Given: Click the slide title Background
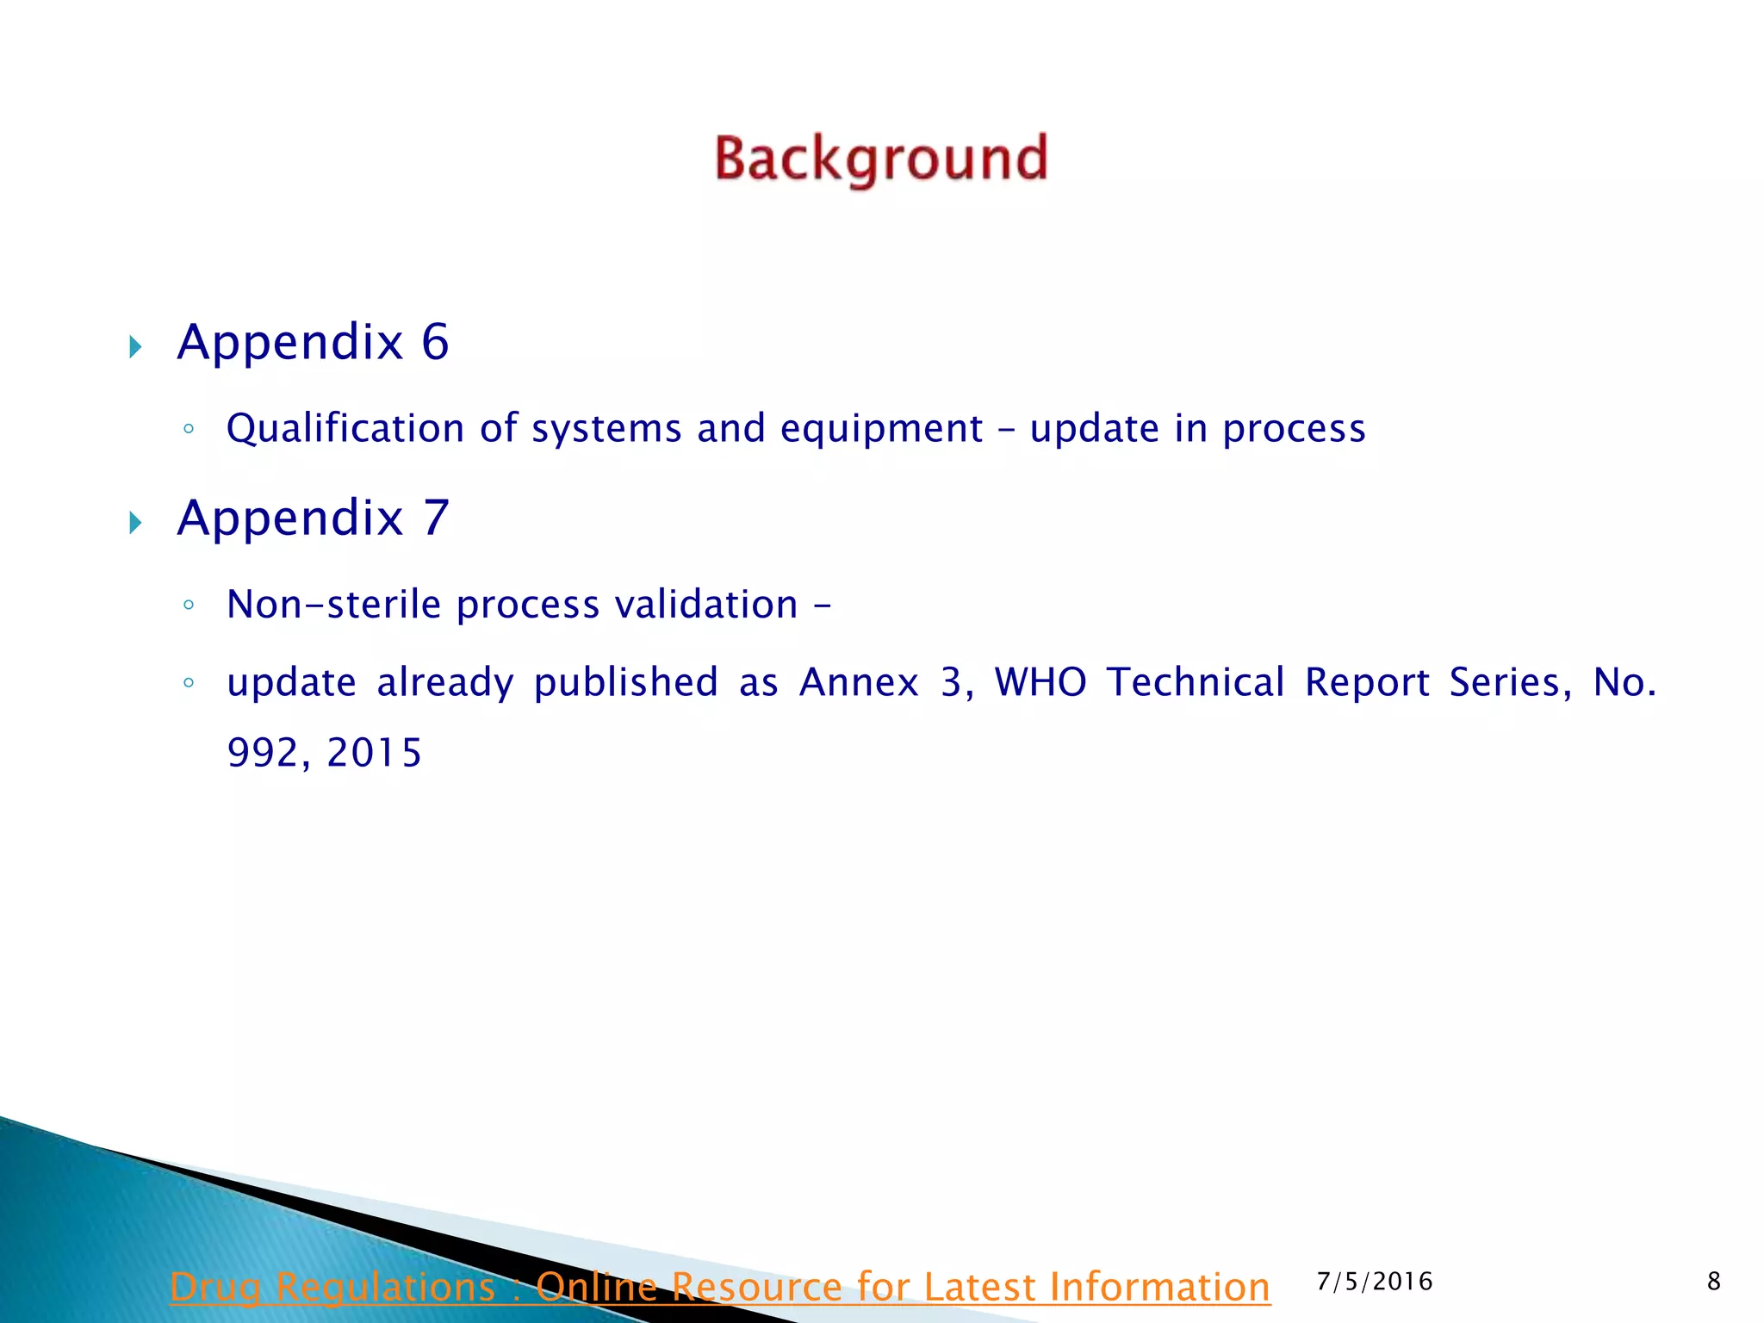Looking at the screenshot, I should coord(881,159).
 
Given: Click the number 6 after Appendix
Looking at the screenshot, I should coord(435,342).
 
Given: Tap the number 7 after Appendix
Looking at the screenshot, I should coord(436,518).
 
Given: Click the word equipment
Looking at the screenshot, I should coord(881,428).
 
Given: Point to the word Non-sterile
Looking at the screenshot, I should coord(334,604).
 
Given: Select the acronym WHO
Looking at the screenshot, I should coord(1040,682).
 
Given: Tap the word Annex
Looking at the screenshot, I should coord(859,682).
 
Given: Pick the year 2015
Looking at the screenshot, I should coord(375,753).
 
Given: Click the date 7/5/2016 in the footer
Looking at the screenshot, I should coord(1375,1282).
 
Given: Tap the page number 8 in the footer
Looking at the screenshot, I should coord(1713,1282).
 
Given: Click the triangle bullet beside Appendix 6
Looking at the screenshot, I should coord(135,347).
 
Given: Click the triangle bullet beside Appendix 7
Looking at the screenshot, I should coord(135,522).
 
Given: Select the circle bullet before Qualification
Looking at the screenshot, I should coord(189,429).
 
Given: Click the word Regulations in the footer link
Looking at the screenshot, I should coord(385,1287).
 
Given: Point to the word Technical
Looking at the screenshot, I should coord(1196,682).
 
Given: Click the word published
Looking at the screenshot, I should coord(626,682).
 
